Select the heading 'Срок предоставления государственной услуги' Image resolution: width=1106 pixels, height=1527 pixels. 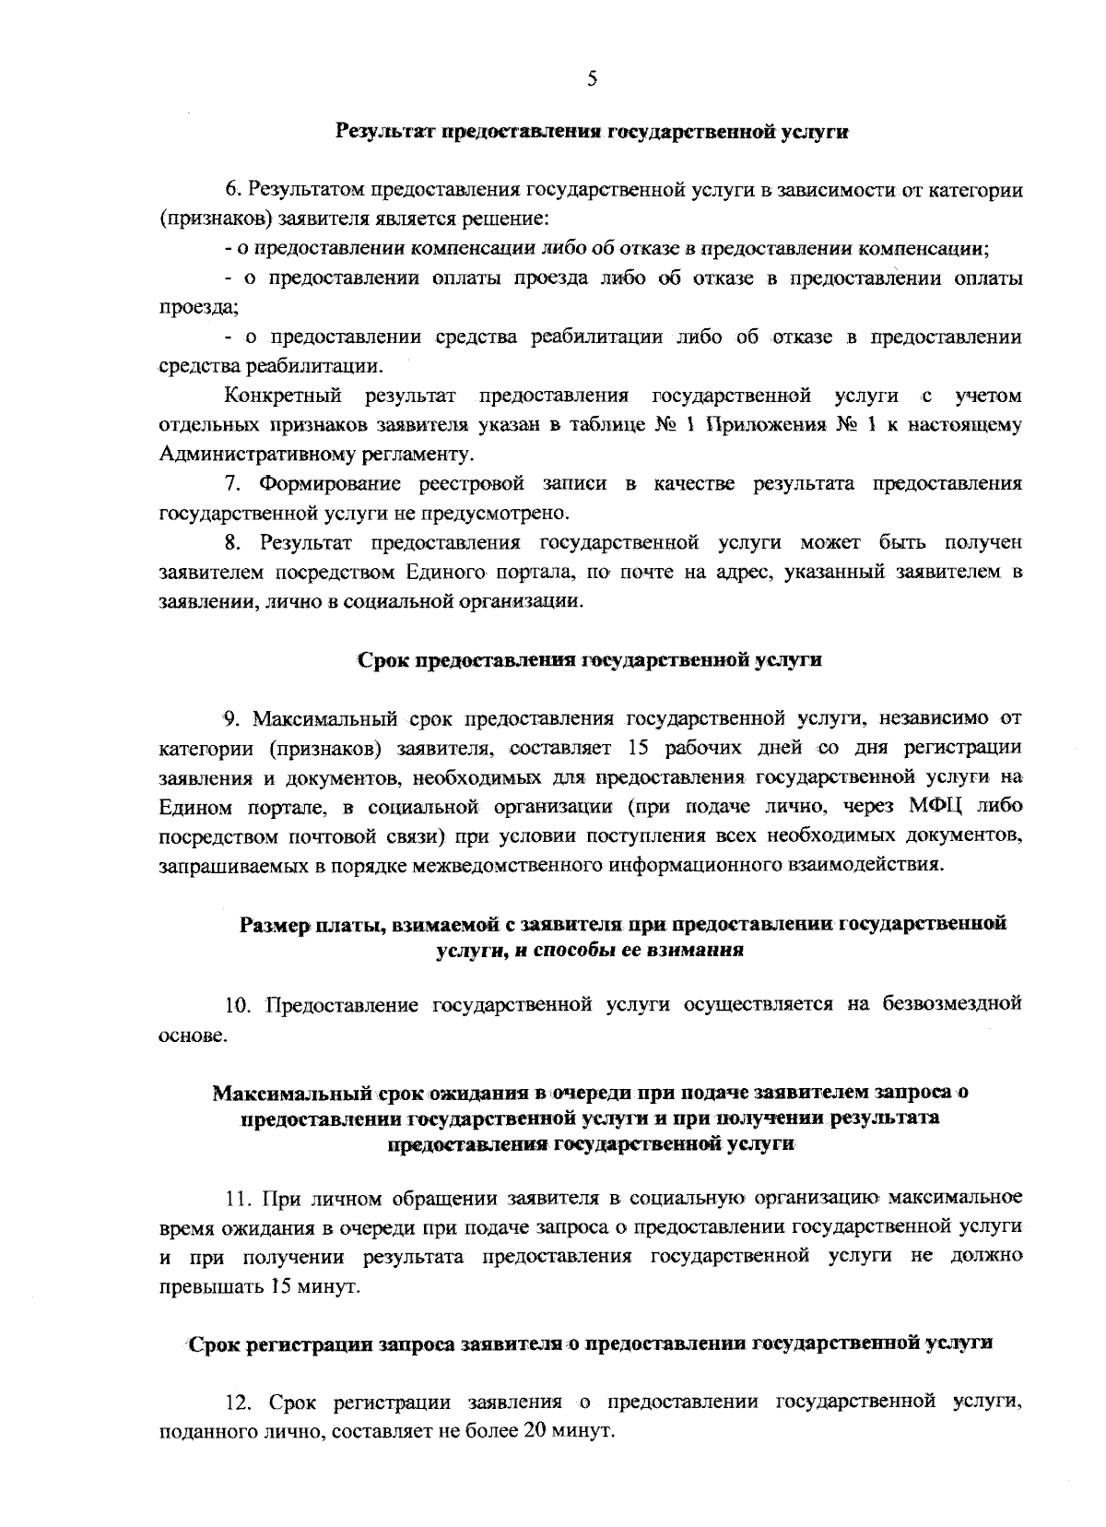pyautogui.click(x=589, y=660)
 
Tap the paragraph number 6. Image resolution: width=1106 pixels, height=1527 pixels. pyautogui.click(x=232, y=191)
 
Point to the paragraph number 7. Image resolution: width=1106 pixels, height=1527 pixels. pyautogui.click(x=232, y=483)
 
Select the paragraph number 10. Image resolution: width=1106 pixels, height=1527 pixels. pyautogui.click(x=240, y=1004)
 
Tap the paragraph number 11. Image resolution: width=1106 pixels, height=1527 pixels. pyautogui.click(x=240, y=1200)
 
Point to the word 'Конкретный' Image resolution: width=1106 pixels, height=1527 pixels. pyautogui.click(x=283, y=397)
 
